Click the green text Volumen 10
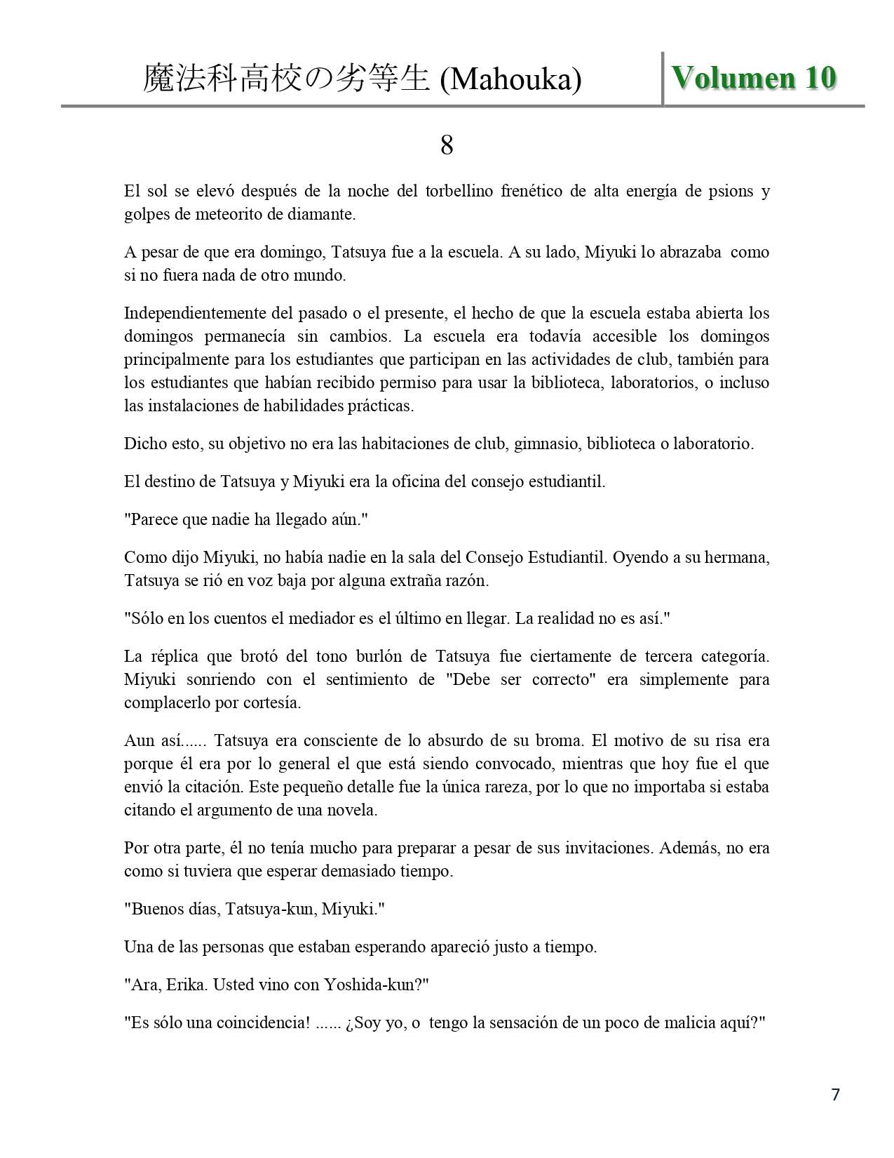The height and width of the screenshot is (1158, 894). click(x=754, y=78)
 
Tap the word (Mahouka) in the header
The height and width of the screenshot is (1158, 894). click(x=510, y=79)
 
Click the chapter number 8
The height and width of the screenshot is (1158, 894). click(x=447, y=145)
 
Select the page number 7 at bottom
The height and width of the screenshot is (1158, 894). click(x=835, y=1094)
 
